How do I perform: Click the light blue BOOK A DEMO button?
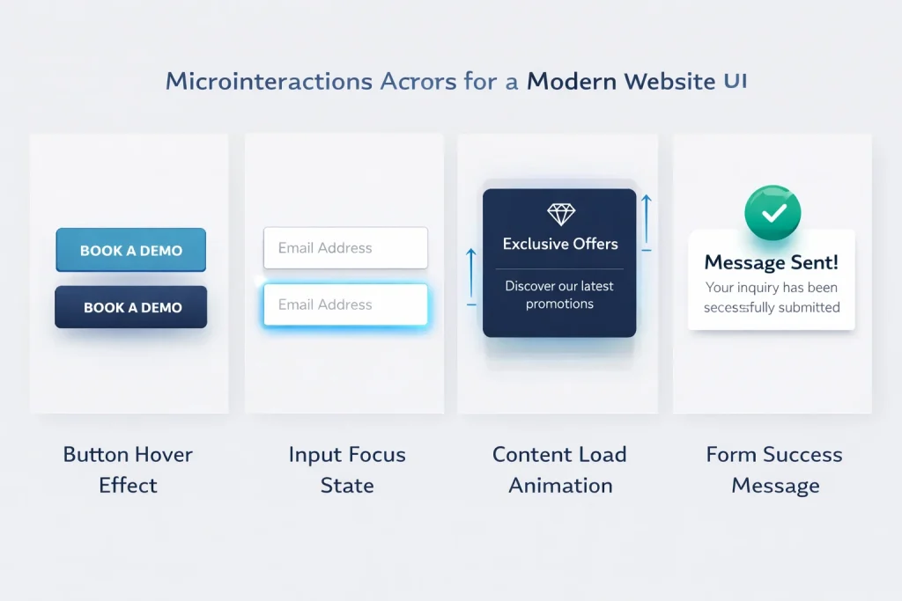(x=130, y=250)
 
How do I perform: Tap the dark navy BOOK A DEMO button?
(x=131, y=307)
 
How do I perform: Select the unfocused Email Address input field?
(x=345, y=248)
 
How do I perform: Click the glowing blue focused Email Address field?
(x=345, y=305)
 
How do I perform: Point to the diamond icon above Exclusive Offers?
(x=560, y=214)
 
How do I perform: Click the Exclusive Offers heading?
(x=560, y=244)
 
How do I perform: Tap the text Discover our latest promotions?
(x=559, y=295)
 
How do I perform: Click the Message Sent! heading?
(x=772, y=261)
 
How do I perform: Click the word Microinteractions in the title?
(x=269, y=82)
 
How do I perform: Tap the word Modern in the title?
(x=572, y=82)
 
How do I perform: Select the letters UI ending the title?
(x=736, y=81)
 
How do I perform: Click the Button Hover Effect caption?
(x=128, y=470)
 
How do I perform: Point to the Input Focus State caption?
(x=347, y=470)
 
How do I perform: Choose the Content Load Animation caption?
(x=559, y=470)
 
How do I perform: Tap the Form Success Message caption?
(x=774, y=470)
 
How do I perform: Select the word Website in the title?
(x=669, y=82)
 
